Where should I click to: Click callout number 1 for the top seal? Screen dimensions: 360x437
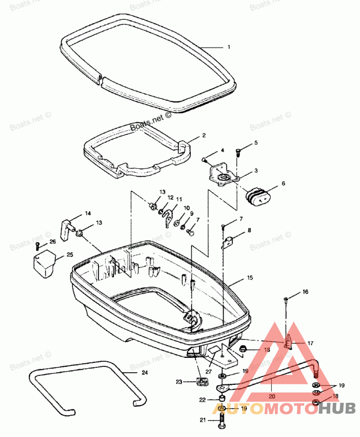coord(229,47)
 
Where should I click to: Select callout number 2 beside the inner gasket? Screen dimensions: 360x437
coord(204,135)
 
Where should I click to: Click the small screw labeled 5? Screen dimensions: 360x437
coord(239,153)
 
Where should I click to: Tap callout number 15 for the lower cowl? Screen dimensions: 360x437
coord(250,278)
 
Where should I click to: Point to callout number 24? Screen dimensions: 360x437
coord(144,372)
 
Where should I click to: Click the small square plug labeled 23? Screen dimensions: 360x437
coord(202,382)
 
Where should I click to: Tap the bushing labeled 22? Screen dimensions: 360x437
coord(221,400)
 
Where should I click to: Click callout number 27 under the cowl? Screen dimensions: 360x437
coord(208,371)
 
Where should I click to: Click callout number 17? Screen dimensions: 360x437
coord(310,343)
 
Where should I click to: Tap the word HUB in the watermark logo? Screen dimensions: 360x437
coord(333,408)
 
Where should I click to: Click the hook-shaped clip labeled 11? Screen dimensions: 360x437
coord(168,216)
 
